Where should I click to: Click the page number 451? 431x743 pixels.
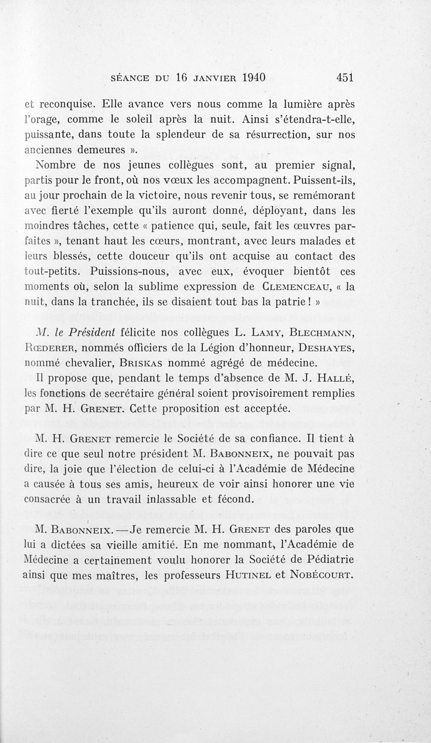pyautogui.click(x=345, y=77)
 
